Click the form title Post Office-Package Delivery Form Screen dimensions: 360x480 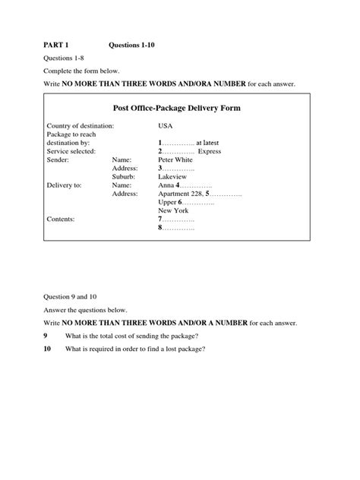(x=176, y=108)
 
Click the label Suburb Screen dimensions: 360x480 (x=123, y=178)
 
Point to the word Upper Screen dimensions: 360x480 (x=167, y=203)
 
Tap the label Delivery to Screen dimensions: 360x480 (x=66, y=185)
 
